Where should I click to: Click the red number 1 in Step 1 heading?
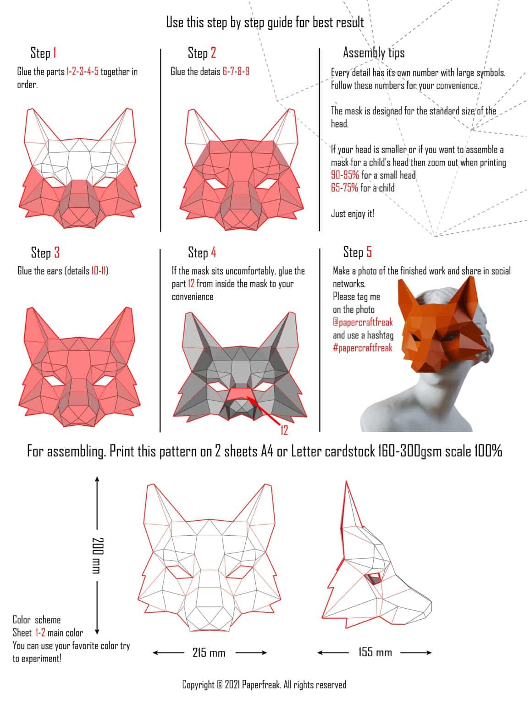click(55, 53)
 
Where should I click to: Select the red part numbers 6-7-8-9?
click(236, 71)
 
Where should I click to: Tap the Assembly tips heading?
click(374, 53)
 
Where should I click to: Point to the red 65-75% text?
click(344, 188)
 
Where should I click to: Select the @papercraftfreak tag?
click(363, 322)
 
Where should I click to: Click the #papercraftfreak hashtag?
click(363, 348)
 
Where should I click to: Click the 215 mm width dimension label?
click(209, 653)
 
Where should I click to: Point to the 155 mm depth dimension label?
click(375, 652)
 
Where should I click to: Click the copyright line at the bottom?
click(264, 685)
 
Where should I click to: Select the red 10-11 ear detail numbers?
click(99, 271)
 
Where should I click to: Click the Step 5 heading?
click(357, 252)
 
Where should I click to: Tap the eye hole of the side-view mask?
click(375, 579)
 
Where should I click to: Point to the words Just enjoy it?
click(353, 214)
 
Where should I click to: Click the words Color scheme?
click(37, 620)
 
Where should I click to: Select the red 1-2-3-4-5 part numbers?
click(82, 71)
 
